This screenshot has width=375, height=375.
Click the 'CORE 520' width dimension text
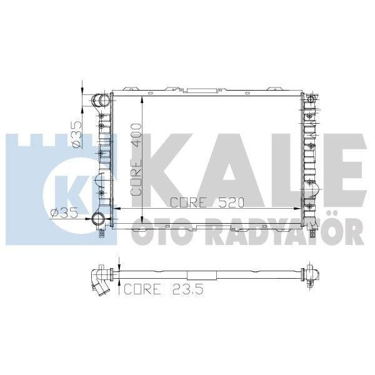tap(207, 202)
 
